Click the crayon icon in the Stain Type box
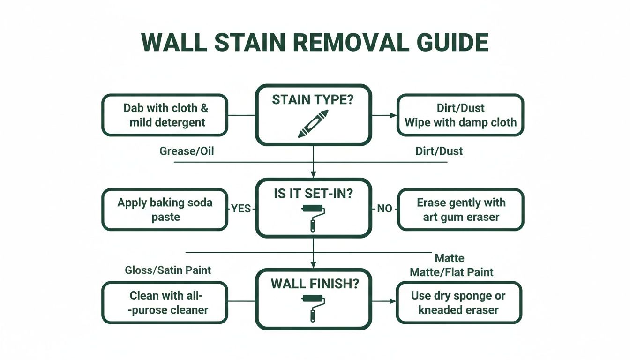coord(313,124)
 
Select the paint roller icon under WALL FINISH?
coord(313,307)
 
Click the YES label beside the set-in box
coord(241,209)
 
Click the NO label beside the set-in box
coord(384,209)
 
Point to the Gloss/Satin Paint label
coord(168,270)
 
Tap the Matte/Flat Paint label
coord(451,272)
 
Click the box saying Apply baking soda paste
coord(165,210)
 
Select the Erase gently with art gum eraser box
coord(461,210)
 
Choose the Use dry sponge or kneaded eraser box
coord(459,302)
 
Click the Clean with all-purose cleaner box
coord(165,302)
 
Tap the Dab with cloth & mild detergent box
coord(165,115)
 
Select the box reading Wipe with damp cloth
coord(460,115)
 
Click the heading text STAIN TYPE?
coord(313,100)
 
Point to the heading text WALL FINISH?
coord(313,284)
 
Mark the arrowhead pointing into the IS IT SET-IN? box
coord(313,175)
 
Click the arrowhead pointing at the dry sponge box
coord(393,301)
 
